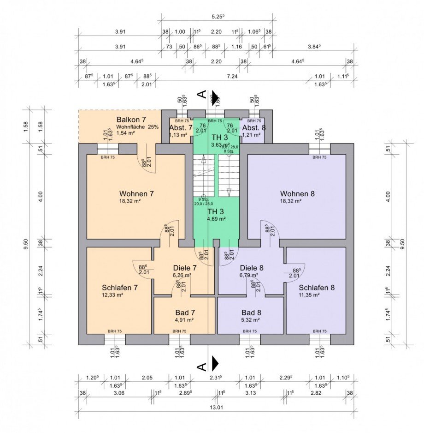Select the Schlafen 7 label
click(x=119, y=287)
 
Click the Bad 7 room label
click(x=184, y=312)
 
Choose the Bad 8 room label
click(x=251, y=312)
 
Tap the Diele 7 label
click(x=185, y=267)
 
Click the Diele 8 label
click(x=252, y=267)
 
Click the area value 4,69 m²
click(x=216, y=219)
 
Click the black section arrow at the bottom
click(x=215, y=363)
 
